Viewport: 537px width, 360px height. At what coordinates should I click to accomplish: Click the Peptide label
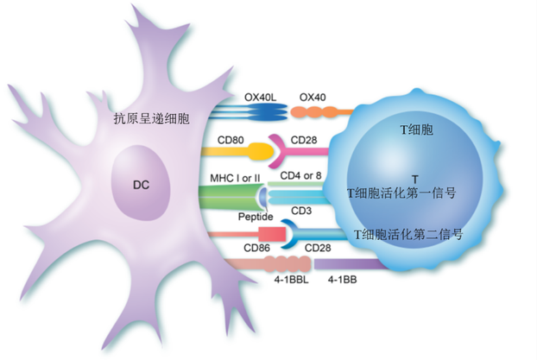pos(256,217)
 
